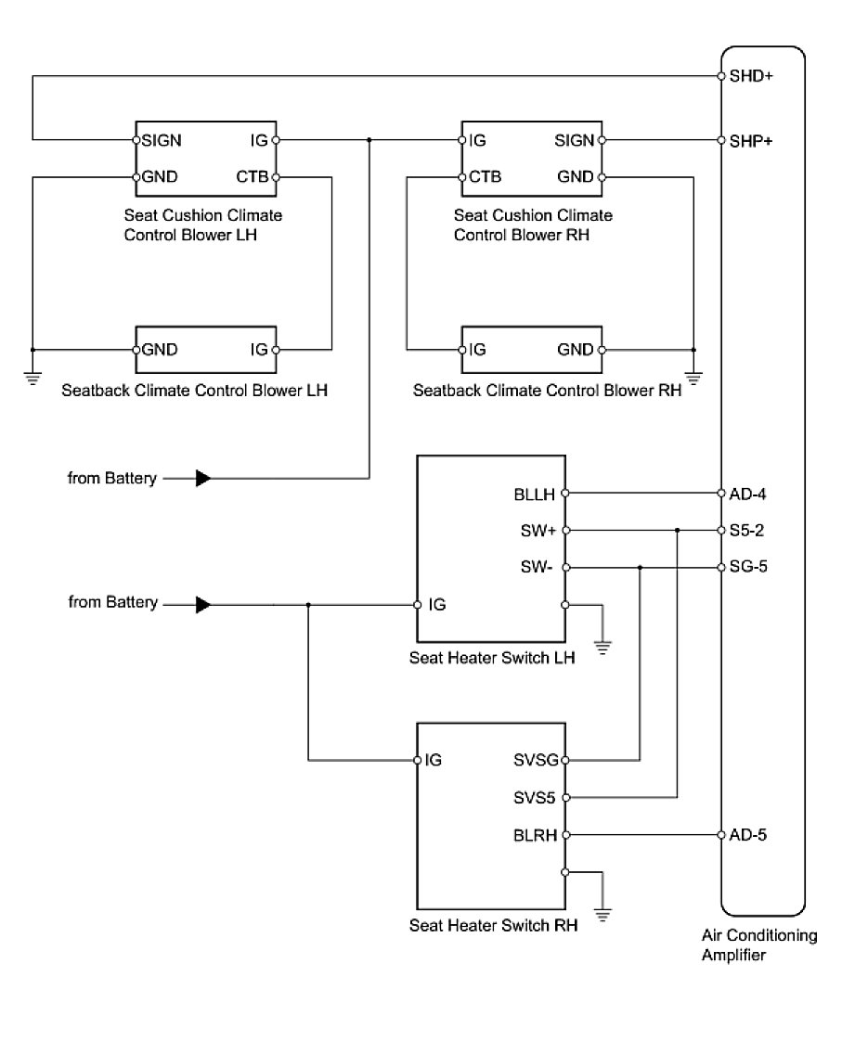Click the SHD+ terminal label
751,76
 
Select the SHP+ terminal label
751,141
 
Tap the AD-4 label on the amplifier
747,493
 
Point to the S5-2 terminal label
747,530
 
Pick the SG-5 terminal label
748,567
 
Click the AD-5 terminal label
747,834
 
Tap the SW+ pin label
538,530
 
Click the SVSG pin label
536,760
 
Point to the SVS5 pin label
536,797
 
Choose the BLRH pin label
536,834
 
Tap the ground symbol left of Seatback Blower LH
32,378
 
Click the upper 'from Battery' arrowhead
203,479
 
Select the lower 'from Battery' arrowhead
203,605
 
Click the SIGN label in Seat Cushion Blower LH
162,141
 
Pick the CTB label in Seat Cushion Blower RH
486,176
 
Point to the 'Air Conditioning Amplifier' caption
759,945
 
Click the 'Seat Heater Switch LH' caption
492,659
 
